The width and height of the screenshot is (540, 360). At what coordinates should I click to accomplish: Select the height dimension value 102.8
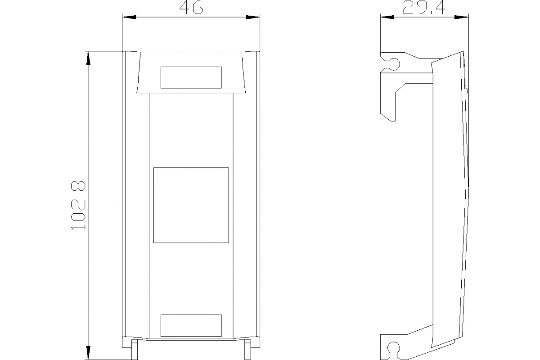point(78,206)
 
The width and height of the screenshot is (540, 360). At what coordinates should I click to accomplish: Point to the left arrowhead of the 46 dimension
point(128,18)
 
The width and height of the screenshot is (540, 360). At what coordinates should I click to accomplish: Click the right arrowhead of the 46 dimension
point(254,18)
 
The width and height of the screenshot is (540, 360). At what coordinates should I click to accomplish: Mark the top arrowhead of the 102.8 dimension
point(88,57)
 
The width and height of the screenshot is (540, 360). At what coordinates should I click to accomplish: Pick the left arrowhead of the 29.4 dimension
point(387,18)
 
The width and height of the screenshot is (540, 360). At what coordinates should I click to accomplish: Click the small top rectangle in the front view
point(191,77)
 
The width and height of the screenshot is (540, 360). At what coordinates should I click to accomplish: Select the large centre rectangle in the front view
point(191,205)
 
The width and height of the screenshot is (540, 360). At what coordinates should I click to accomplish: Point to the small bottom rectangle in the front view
point(191,325)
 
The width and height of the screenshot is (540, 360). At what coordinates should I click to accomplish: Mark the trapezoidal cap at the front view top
point(191,72)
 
